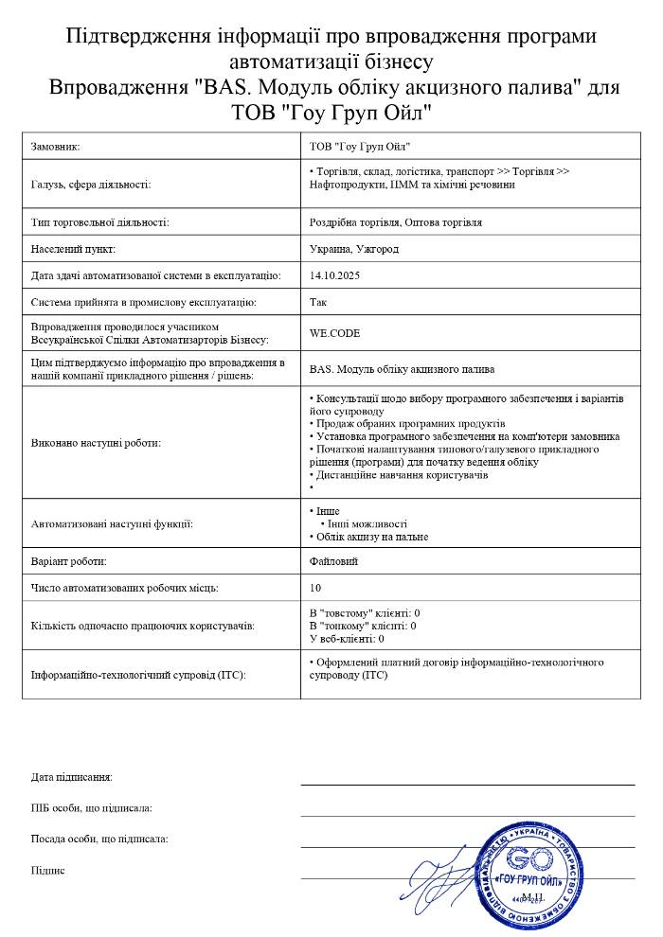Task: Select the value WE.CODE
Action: [x=335, y=333]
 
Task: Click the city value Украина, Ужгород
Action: [x=354, y=249]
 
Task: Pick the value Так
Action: [x=318, y=302]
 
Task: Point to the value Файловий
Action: [x=334, y=561]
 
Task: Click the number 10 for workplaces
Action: [x=315, y=588]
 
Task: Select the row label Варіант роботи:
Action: [x=76, y=561]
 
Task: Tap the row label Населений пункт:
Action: [x=73, y=249]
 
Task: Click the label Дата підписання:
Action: [x=72, y=777]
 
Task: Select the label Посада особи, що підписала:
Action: [x=99, y=839]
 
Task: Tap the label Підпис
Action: [x=48, y=870]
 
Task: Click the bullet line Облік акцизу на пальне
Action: [x=371, y=537]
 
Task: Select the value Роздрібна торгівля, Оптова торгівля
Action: [x=396, y=222]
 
